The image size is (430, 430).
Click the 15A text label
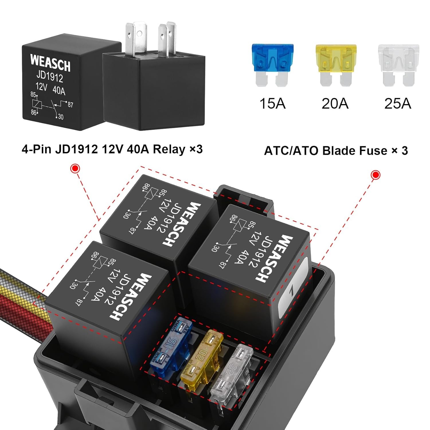[272, 103]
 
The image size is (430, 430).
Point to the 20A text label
[335, 103]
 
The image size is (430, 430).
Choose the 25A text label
[398, 103]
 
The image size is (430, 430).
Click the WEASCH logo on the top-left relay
[50, 63]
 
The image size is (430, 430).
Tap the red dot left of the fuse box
[75, 169]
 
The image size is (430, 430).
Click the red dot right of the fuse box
[376, 175]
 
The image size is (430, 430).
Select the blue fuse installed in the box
[171, 347]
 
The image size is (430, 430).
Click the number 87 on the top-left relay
[71, 105]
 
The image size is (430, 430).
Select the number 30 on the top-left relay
[60, 117]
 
